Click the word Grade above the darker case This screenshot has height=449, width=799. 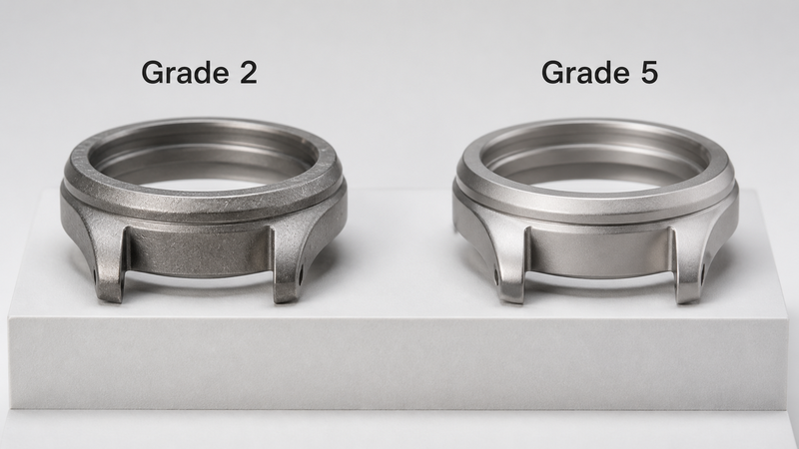pyautogui.click(x=185, y=72)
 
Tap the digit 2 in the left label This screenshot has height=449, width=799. pyautogui.click(x=248, y=72)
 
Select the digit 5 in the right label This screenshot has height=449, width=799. pyautogui.click(x=648, y=72)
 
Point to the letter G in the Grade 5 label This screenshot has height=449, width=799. pyautogui.click(x=552, y=72)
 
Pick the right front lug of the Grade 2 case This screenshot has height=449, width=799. pyautogui.click(x=287, y=264)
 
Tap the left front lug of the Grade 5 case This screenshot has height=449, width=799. pyautogui.click(x=511, y=264)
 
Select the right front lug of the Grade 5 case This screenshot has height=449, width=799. pyautogui.click(x=688, y=265)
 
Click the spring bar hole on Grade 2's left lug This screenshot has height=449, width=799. pyautogui.click(x=95, y=277)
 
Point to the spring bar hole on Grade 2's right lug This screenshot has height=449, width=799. pyautogui.click(x=302, y=278)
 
